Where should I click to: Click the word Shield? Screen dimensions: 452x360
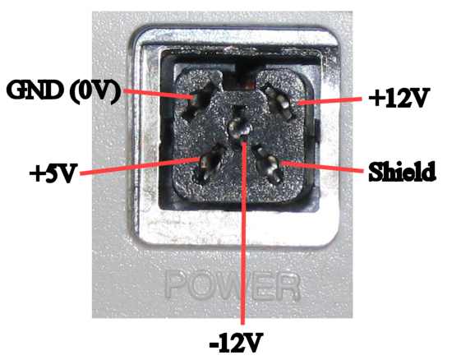tap(402, 172)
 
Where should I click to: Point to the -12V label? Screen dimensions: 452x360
tap(236, 343)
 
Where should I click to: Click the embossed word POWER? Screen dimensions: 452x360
tap(232, 285)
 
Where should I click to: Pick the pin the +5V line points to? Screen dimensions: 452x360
tap(209, 164)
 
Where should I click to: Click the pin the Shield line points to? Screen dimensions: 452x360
tap(270, 164)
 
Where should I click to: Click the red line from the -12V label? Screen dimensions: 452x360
tap(244, 232)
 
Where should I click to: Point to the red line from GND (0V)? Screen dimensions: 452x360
tap(158, 95)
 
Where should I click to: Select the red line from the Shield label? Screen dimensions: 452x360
tap(321, 166)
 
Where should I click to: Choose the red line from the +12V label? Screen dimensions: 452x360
tap(330, 100)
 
